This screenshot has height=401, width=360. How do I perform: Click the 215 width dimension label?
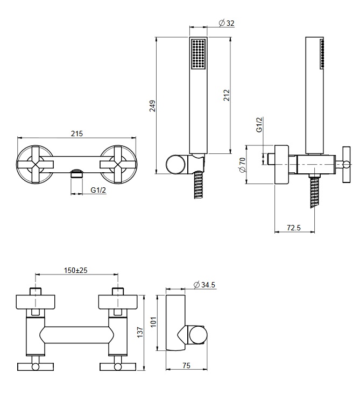pos(77,134)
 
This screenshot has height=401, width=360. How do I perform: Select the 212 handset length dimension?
pos(227,95)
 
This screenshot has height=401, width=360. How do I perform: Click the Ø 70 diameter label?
pos(242,165)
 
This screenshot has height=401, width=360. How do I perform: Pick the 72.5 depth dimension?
pos(294,228)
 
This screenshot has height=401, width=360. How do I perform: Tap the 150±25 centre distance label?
pos(76,269)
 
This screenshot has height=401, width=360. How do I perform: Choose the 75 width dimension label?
pos(186,366)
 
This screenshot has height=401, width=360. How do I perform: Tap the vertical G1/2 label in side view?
pos(259,125)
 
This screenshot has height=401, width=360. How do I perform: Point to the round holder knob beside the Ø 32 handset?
pos(174,164)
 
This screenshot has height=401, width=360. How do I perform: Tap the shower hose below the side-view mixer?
pos(312,194)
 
